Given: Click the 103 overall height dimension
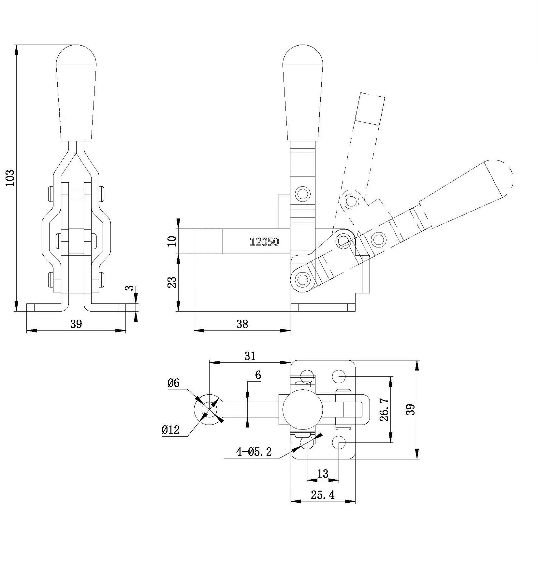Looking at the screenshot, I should point(11,177).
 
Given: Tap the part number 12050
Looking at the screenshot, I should point(264,242).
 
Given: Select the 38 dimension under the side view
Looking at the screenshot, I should point(242,324).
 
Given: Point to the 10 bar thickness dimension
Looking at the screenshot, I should point(172,241).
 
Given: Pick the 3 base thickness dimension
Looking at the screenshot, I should point(130,288).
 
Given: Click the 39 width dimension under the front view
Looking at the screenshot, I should point(76,324).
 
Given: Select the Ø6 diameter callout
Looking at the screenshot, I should point(173,383).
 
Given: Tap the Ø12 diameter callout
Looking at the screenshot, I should point(170,430).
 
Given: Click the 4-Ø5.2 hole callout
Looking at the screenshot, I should point(254,452).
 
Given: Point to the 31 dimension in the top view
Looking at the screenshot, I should point(250,356).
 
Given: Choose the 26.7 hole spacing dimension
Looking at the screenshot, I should point(385,409).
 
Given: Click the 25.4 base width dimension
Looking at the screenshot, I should point(322,495).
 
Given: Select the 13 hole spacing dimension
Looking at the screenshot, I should point(323,473).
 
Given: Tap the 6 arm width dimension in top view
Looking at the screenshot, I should point(258,375).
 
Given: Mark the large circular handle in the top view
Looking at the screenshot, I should point(302,410).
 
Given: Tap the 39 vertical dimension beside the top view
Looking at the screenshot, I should point(412,409).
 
